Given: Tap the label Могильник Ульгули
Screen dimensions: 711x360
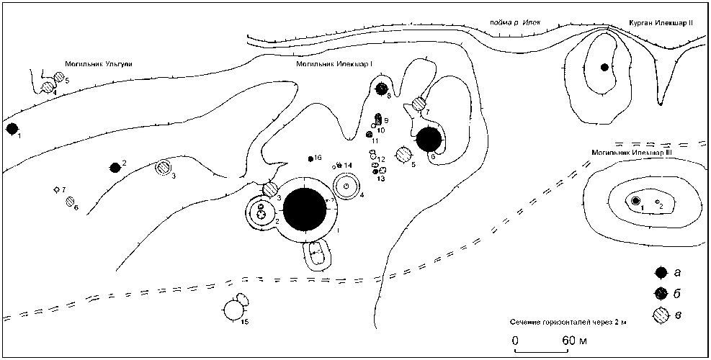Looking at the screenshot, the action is (x=98, y=65).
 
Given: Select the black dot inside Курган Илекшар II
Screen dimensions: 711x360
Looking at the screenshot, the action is (x=605, y=68).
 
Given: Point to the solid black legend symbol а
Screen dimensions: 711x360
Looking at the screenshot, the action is (x=660, y=272).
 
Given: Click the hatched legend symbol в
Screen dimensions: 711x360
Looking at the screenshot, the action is (x=660, y=315).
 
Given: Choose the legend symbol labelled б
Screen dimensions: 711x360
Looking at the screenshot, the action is (x=660, y=293).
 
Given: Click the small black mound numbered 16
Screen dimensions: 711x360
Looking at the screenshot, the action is (x=310, y=158).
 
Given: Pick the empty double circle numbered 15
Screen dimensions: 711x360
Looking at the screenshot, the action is (x=233, y=310).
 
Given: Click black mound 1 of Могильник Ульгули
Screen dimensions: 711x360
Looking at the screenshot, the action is (x=12, y=129).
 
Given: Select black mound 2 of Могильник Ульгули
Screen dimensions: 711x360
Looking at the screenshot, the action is (x=115, y=168).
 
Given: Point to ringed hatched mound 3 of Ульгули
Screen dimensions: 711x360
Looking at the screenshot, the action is (x=165, y=168).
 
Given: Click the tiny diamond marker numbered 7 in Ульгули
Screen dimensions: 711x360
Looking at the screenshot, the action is (x=56, y=189).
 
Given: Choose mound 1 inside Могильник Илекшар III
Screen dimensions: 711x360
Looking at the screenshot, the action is (x=636, y=200).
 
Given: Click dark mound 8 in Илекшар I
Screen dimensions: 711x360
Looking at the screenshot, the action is (x=383, y=89).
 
